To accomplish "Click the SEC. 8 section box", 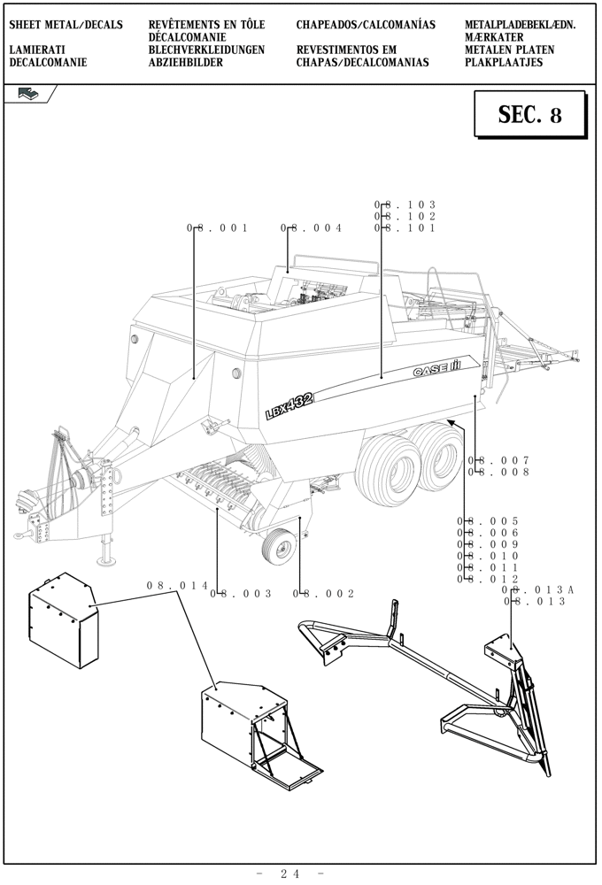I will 529,115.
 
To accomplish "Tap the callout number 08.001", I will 217,228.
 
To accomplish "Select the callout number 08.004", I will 312,228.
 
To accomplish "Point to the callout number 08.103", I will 405,205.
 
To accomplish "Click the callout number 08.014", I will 177,586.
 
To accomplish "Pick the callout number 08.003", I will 241,594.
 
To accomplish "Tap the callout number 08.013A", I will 538,590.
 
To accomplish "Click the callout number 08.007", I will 498,460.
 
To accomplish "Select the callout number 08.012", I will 488,579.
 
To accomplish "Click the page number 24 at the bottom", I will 290,873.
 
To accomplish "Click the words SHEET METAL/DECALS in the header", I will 66,25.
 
